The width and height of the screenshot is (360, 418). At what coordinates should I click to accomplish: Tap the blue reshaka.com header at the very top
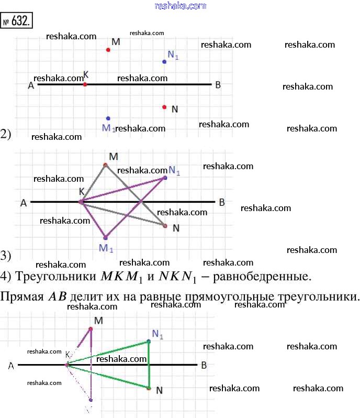[181, 6]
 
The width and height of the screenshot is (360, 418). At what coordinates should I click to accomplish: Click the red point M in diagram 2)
[108, 50]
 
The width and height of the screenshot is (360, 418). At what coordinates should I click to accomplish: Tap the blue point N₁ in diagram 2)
[164, 61]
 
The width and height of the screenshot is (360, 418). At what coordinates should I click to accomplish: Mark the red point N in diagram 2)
[164, 107]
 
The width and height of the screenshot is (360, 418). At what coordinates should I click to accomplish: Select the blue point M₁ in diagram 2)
[108, 118]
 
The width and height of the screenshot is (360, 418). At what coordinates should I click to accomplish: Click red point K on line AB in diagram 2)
[85, 84]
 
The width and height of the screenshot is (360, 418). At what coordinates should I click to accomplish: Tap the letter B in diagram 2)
[218, 85]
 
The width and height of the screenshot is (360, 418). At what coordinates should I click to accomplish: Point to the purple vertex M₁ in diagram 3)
[106, 237]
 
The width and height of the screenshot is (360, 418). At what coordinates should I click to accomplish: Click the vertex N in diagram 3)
[165, 226]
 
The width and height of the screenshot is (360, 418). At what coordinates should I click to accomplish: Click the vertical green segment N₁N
[149, 365]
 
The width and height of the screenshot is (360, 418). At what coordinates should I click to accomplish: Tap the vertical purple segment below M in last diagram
[91, 367]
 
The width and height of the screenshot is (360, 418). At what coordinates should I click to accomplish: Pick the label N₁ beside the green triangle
[157, 334]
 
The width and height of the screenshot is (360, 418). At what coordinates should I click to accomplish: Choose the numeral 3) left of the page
[6, 256]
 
